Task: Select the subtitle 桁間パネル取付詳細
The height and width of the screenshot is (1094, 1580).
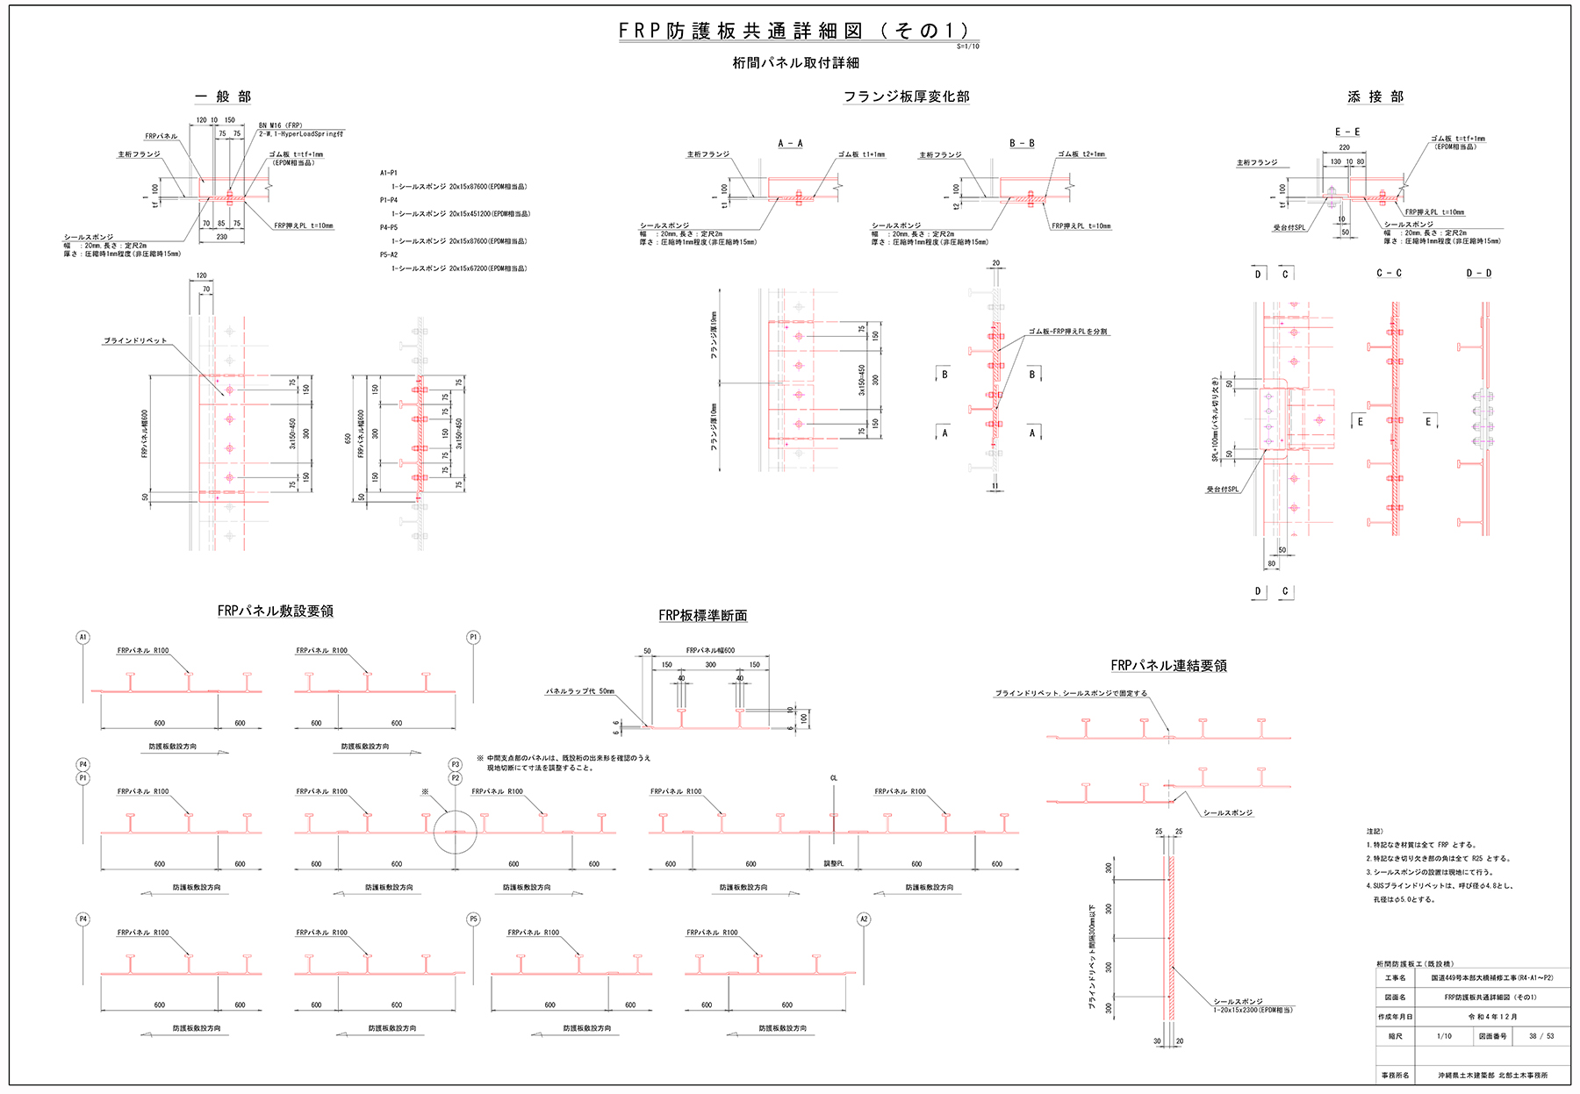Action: coord(795,63)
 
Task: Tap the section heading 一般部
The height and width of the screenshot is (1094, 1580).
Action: coord(223,97)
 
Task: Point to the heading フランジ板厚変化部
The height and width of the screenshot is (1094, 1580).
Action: coord(906,97)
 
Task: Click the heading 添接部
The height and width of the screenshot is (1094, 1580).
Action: coord(1375,97)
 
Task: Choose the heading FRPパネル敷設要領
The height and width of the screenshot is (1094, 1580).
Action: coord(275,611)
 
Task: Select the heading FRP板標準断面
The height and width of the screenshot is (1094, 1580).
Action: coord(702,616)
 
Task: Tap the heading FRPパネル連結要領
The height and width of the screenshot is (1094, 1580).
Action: coord(1168,666)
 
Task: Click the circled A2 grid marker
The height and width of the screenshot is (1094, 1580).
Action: coord(864,919)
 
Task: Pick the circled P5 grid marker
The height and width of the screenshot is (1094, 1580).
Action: coord(473,919)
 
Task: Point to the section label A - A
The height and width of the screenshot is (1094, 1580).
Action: coord(790,143)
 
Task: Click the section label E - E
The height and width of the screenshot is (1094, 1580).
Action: coord(1347,132)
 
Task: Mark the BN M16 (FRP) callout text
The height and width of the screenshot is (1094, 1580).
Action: coord(280,125)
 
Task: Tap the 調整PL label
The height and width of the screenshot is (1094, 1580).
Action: coord(833,864)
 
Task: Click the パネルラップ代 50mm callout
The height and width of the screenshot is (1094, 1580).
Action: coord(580,691)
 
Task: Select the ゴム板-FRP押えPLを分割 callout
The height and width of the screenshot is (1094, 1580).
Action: coord(1067,332)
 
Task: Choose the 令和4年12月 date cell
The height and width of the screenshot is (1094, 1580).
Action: coord(1492,1017)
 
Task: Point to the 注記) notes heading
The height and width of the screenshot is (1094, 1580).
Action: coord(1375,831)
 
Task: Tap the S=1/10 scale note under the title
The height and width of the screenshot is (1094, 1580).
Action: coord(967,46)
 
